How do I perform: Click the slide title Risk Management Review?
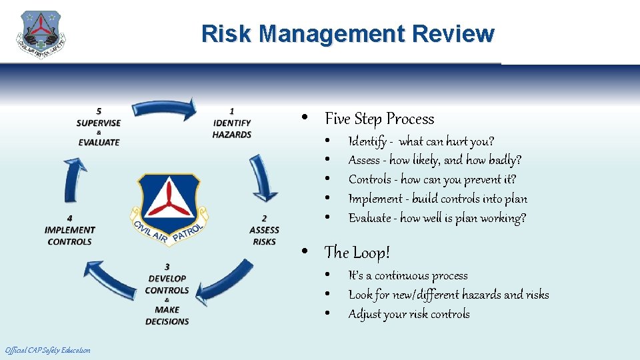click(347, 33)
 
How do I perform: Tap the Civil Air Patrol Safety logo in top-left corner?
click(41, 35)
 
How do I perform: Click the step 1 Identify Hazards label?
click(231, 123)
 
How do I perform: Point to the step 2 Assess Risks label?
click(264, 229)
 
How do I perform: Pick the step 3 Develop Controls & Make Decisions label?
click(167, 294)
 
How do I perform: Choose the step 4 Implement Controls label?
click(70, 229)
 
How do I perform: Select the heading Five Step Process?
click(379, 119)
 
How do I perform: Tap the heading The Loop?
click(357, 253)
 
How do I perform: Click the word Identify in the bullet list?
click(365, 141)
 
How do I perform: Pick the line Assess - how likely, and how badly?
click(435, 160)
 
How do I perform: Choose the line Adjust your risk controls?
click(409, 314)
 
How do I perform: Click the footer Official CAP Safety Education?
click(47, 351)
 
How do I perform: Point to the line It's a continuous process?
click(407, 275)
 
